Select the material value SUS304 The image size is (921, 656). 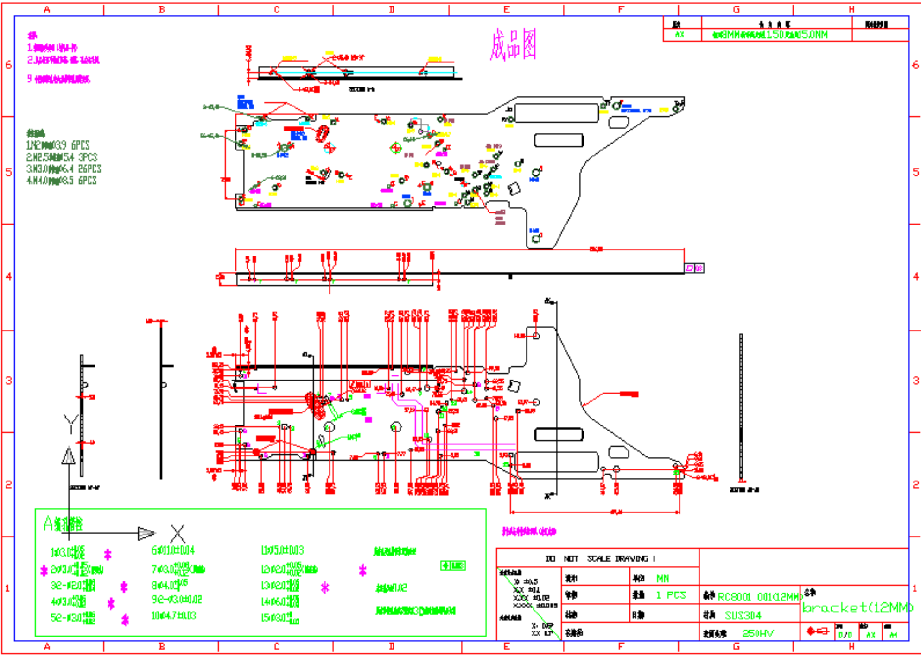pos(743,615)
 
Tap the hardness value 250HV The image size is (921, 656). pos(758,633)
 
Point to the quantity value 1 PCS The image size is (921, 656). pos(671,595)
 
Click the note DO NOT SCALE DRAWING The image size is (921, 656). pos(600,558)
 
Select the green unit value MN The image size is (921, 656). pos(663,578)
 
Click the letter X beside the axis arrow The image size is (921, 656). pos(178,533)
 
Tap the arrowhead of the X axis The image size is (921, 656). pos(146,533)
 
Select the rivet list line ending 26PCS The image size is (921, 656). pos(64,169)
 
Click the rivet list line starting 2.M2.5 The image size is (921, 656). pos(62,157)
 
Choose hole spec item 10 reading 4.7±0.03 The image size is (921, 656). pos(173,616)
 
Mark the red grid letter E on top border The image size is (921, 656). pos(506,9)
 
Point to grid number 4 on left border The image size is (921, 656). pos(8,276)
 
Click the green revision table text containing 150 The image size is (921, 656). pos(770,35)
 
